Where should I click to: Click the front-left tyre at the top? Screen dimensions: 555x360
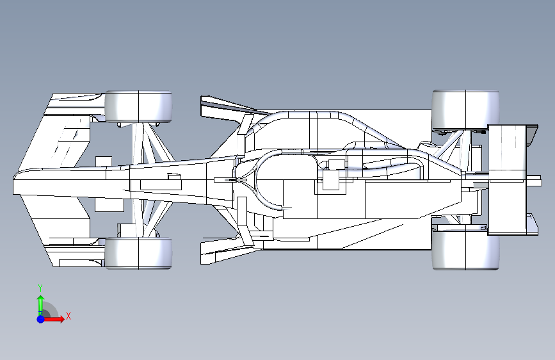click(138, 106)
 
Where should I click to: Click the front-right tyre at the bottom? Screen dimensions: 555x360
click(138, 253)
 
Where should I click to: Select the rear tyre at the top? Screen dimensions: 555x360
click(465, 110)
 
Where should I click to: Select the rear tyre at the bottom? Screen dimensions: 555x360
click(465, 249)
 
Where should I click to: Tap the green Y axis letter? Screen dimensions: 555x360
click(40, 288)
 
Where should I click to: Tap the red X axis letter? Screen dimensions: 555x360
click(68, 316)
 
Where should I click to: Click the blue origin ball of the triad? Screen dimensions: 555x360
click(41, 319)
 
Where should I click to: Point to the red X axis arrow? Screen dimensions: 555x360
click(53, 319)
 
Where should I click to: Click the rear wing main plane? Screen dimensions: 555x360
click(506, 179)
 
